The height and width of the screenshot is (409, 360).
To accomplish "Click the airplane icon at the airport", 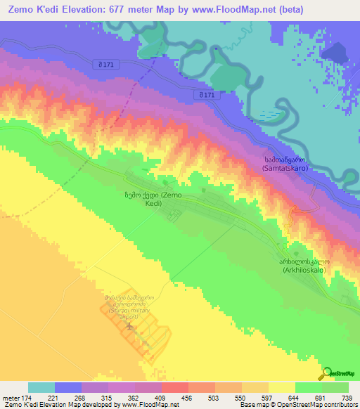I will click(x=129, y=325).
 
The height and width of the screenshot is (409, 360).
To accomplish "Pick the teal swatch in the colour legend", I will click(x=41, y=387).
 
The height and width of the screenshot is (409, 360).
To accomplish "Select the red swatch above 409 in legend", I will click(x=174, y=387).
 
